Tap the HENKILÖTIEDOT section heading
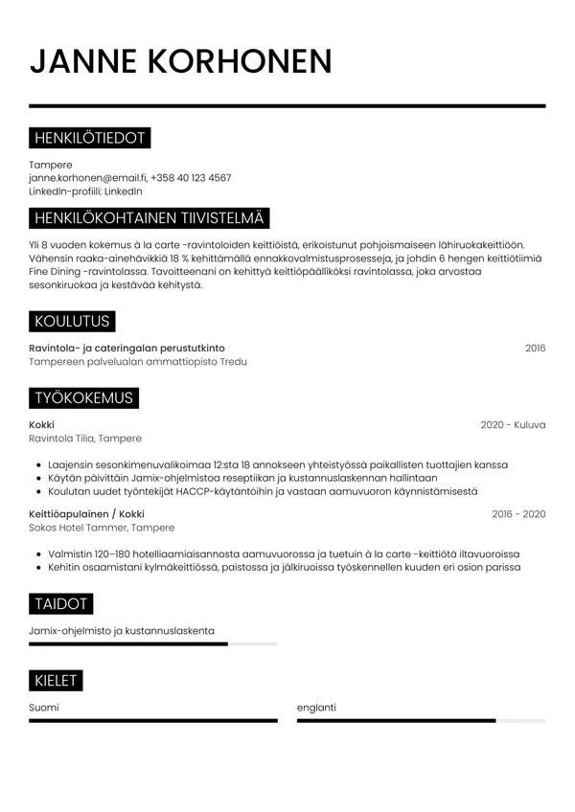(89, 139)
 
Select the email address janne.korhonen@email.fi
(87, 178)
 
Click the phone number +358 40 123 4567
(191, 178)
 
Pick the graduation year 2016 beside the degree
(535, 348)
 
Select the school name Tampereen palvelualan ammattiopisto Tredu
(138, 362)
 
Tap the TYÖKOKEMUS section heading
(83, 397)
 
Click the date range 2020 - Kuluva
(513, 424)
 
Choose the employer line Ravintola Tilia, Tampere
(85, 439)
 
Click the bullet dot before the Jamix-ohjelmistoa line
(37, 478)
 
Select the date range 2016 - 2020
(518, 514)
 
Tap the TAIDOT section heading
(61, 603)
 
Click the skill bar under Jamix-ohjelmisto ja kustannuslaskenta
(153, 644)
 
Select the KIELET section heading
(57, 681)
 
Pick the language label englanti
(316, 708)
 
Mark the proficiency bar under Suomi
(153, 720)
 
